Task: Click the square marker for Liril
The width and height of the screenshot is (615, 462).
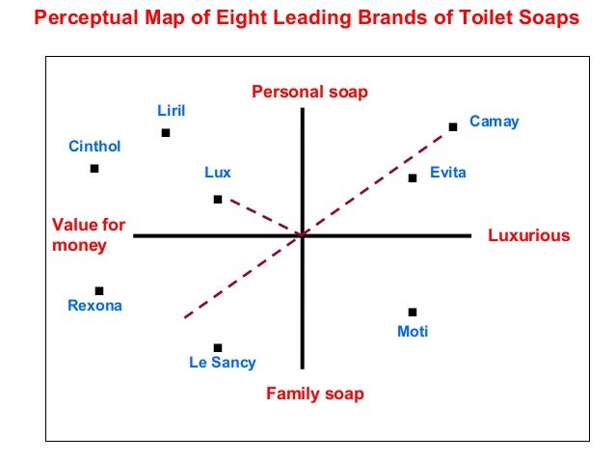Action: pos(166,133)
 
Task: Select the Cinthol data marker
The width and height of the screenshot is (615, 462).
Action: pos(94,169)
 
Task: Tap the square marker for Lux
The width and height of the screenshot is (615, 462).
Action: pos(218,200)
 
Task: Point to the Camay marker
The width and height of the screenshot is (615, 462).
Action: pos(453,126)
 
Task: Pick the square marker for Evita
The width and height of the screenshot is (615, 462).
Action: pos(413,177)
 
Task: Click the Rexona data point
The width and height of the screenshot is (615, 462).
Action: pos(99,290)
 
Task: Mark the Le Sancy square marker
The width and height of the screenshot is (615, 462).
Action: pos(218,347)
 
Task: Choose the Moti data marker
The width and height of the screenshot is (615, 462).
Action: pos(413,312)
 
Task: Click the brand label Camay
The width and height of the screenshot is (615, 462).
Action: pos(494,122)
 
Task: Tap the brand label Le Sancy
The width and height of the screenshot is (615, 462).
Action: pos(223,364)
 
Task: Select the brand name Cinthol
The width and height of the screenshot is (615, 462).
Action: pos(94,148)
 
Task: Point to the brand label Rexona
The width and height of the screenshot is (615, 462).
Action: pos(95,307)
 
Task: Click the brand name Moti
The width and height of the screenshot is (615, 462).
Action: pos(413,332)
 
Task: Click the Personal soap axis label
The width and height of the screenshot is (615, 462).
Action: pos(309,92)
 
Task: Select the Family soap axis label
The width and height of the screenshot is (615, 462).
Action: pos(315,394)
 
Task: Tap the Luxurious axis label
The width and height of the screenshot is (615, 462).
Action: pos(529,235)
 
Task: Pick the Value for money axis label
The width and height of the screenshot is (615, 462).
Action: pos(88,234)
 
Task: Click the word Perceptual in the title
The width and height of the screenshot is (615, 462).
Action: pos(90,19)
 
